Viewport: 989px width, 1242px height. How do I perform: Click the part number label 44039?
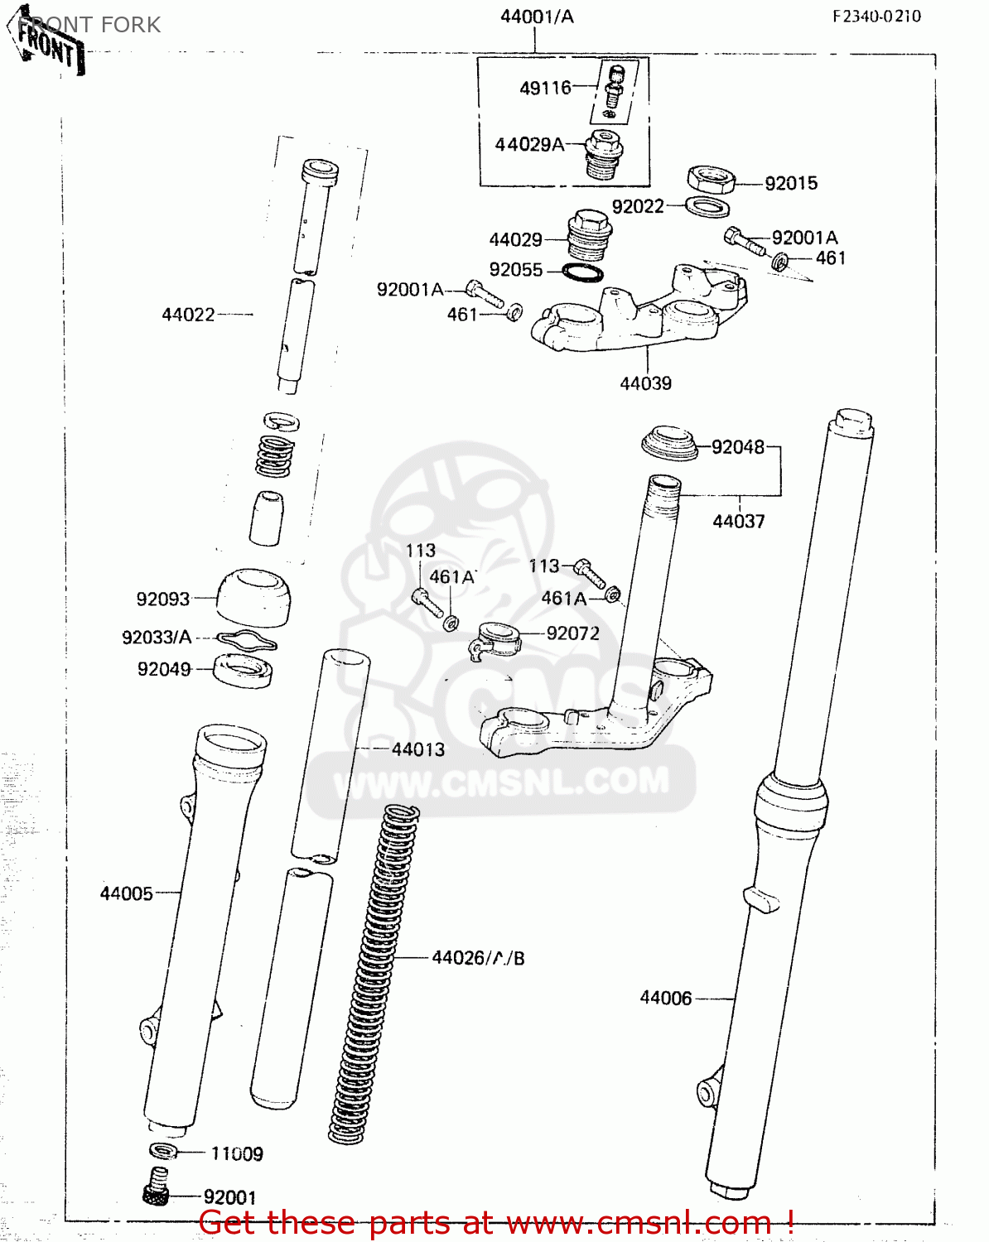click(645, 383)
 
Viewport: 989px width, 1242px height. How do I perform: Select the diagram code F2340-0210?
click(876, 16)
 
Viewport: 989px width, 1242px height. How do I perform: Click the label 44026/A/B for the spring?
click(478, 958)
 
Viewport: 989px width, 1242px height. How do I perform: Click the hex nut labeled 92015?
click(711, 178)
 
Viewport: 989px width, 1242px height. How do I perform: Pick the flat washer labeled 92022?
click(707, 207)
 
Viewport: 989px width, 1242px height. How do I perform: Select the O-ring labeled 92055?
click(582, 272)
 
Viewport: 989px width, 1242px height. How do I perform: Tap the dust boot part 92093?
click(253, 596)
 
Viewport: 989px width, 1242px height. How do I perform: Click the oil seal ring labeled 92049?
click(243, 670)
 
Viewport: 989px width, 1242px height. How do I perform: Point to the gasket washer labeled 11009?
click(163, 1151)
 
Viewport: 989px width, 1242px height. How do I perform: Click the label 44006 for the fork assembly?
click(665, 999)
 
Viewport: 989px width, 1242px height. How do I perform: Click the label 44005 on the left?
click(126, 893)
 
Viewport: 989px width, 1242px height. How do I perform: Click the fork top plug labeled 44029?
click(587, 235)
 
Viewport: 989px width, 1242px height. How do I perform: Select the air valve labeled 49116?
click(614, 89)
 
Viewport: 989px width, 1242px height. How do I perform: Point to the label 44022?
click(188, 315)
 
